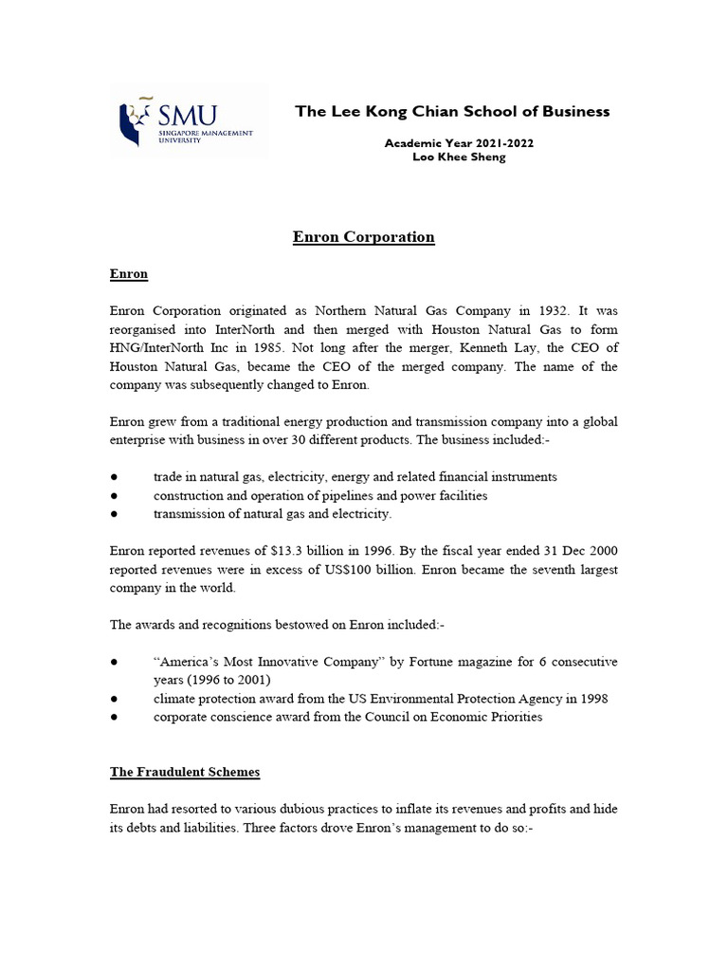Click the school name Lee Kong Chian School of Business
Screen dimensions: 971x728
click(x=452, y=112)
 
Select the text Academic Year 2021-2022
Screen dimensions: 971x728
click(x=445, y=142)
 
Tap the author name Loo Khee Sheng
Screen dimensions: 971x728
click(x=445, y=156)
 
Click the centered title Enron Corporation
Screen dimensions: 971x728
click(x=364, y=237)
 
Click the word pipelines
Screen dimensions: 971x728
click(x=352, y=496)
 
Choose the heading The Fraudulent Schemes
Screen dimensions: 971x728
click(x=184, y=772)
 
